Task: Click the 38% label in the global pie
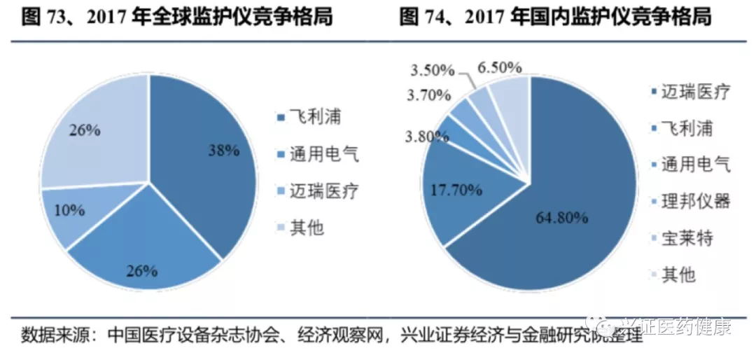point(224,150)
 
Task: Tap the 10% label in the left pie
point(71,209)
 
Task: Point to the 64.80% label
point(556,218)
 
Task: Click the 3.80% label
point(423,137)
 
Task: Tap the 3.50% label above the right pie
point(433,70)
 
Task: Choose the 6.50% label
point(499,67)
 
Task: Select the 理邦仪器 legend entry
point(696,202)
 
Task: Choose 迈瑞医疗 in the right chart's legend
point(696,92)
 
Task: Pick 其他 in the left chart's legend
point(306,227)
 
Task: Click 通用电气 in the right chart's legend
point(696,165)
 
